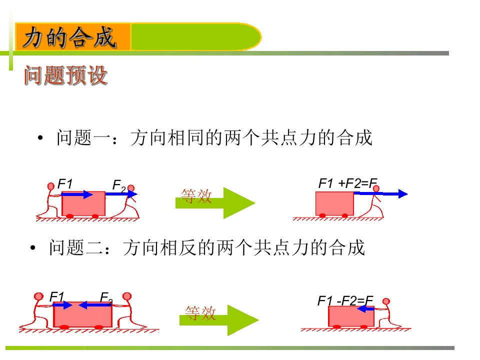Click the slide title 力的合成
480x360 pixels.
(70, 37)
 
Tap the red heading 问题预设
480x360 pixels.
(66, 75)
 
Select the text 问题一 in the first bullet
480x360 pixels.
(83, 137)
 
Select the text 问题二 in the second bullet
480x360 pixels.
(76, 247)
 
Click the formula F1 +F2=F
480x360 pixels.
(348, 183)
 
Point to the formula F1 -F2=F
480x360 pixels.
(345, 300)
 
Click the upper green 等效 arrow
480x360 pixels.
(215, 202)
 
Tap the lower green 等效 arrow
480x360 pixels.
(219, 320)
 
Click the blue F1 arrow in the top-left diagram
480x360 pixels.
(77, 194)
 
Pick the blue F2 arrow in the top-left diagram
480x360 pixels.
(121, 194)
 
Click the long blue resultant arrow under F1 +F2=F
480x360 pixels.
(381, 193)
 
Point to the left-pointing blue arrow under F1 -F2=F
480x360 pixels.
(365, 309)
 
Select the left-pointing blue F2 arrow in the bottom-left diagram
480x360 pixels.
(95, 305)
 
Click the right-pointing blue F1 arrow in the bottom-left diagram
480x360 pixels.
(62, 305)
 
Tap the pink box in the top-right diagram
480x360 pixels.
(334, 203)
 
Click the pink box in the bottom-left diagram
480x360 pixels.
(82, 314)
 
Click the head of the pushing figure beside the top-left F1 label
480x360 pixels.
(51, 186)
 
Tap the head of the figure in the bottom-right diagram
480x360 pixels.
(386, 301)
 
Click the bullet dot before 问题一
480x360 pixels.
(40, 138)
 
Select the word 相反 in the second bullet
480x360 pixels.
(177, 247)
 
